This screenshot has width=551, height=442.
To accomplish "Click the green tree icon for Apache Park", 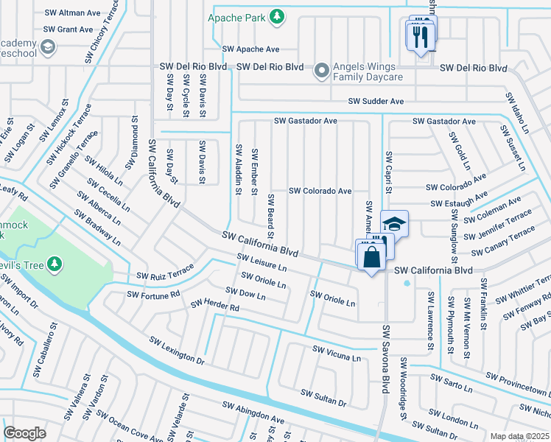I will [277, 17].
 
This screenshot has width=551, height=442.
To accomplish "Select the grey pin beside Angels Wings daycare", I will [321, 71].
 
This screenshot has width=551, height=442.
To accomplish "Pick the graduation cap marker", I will [394, 225].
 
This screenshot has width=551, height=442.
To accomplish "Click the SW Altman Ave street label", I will [72, 13].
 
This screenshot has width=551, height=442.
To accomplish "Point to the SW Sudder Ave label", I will [376, 101].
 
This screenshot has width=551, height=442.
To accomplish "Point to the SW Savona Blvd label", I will [384, 358].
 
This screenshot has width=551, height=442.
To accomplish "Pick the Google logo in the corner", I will [24, 433].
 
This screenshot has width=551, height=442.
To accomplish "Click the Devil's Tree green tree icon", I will [54, 263].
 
